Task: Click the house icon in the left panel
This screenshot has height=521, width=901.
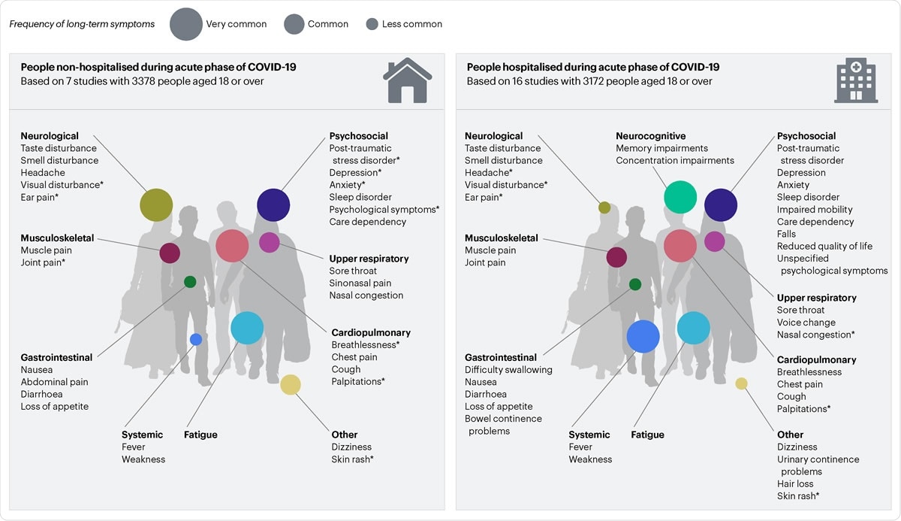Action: click(x=407, y=80)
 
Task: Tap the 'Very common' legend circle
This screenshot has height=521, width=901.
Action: click(x=186, y=24)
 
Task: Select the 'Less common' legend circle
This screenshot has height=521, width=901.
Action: click(x=372, y=24)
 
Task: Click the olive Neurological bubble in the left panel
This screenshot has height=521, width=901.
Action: click(x=156, y=204)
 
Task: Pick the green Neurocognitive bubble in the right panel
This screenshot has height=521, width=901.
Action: click(x=680, y=197)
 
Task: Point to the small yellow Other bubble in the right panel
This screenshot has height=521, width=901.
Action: click(x=741, y=383)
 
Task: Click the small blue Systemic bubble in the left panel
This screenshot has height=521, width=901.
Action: click(x=196, y=339)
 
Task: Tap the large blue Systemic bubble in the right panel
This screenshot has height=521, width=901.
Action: click(x=643, y=336)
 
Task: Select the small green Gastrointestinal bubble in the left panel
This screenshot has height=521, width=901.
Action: click(x=190, y=282)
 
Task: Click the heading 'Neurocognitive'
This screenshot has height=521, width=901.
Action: click(x=650, y=136)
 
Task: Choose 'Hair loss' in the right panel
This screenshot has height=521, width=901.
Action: click(x=795, y=483)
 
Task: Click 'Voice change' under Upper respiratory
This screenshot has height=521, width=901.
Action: click(x=806, y=323)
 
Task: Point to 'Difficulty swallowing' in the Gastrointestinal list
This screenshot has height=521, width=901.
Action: click(x=508, y=370)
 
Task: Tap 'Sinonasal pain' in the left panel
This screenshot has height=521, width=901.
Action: click(x=360, y=283)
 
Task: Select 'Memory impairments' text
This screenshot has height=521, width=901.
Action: click(x=661, y=148)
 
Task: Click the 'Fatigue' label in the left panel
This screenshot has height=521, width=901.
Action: click(x=200, y=435)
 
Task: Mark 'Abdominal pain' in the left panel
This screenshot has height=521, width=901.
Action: click(x=54, y=382)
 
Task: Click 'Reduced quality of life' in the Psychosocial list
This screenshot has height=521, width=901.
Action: click(x=824, y=246)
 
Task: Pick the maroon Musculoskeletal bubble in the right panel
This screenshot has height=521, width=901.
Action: click(x=616, y=257)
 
